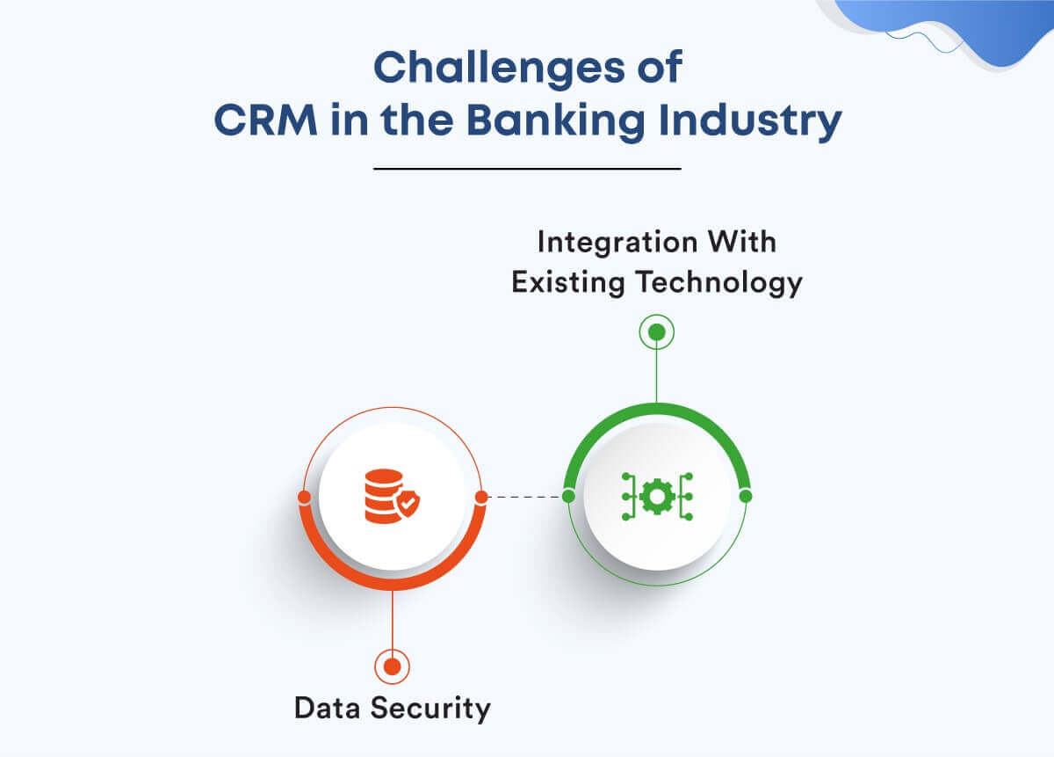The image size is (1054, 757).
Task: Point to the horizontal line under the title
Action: tap(527, 168)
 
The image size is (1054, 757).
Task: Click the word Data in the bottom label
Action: tap(330, 707)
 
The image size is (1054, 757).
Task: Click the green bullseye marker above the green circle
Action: tap(656, 332)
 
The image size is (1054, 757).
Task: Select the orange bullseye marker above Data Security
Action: tap(392, 666)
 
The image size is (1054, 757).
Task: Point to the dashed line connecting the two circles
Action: tap(524, 497)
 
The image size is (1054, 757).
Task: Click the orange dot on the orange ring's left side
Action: tap(304, 497)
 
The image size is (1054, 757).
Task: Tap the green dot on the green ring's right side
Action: tap(746, 496)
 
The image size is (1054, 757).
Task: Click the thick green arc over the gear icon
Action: tap(657, 408)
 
